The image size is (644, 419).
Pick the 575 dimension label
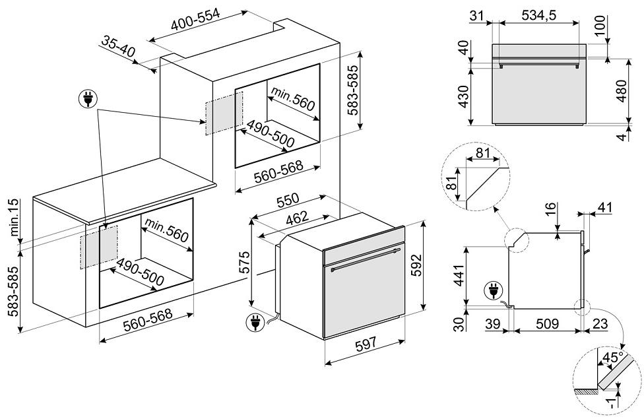[243, 265]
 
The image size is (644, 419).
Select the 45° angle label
[613, 358]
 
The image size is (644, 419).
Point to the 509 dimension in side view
[547, 323]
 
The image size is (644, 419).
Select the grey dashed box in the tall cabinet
[224, 113]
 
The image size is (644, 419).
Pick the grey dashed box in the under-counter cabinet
[99, 247]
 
